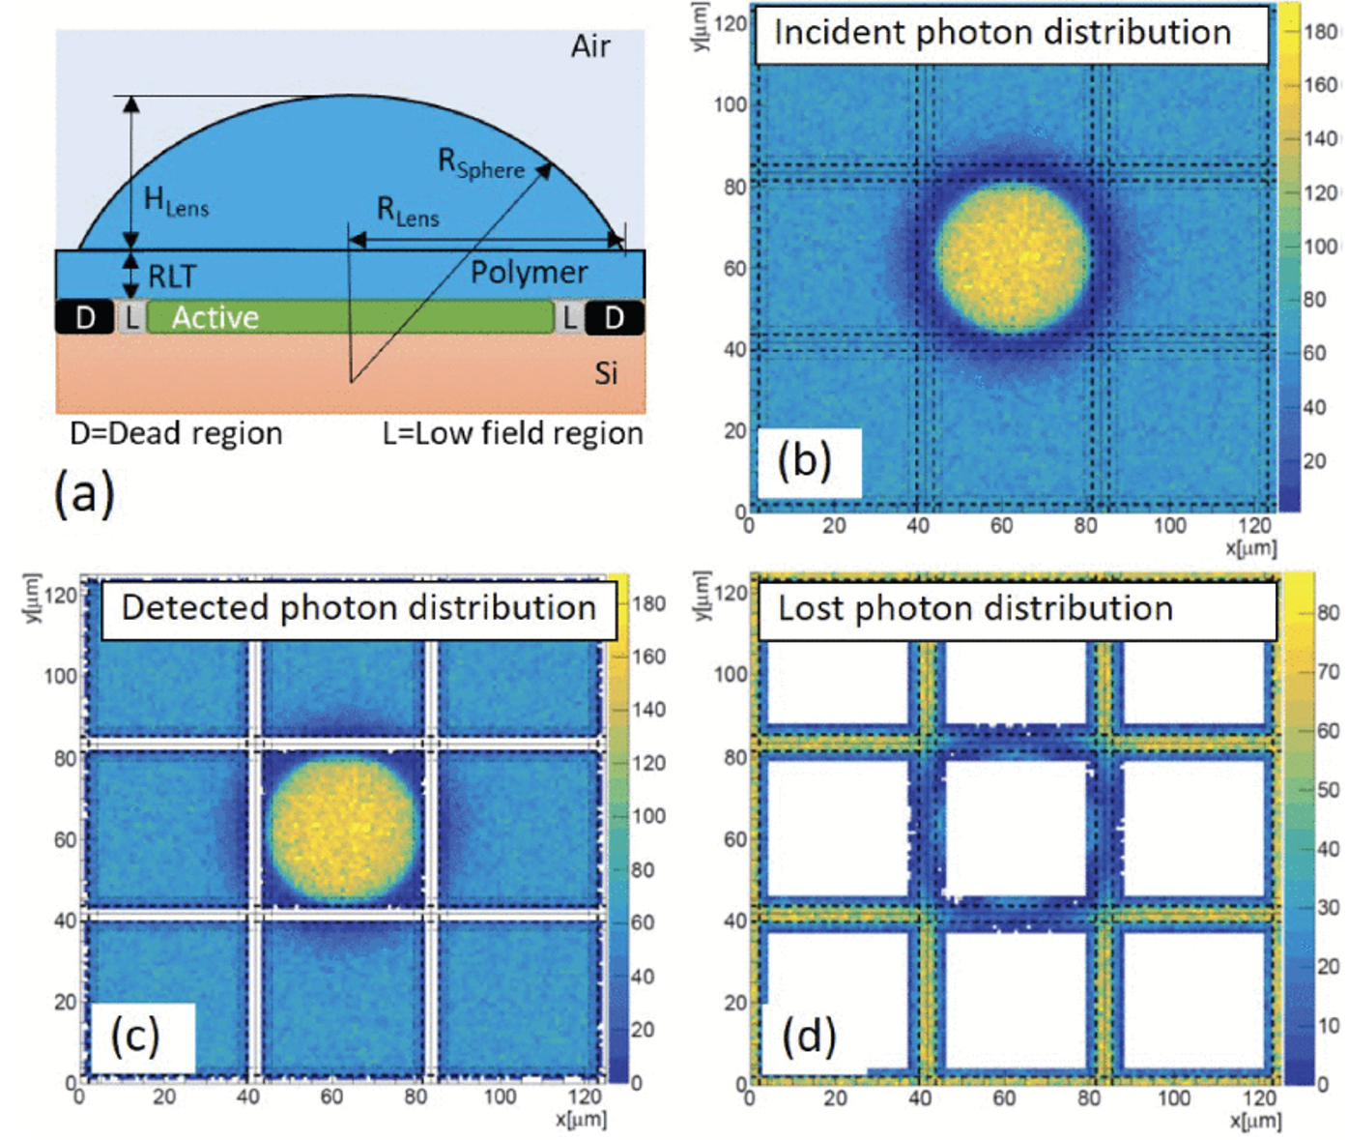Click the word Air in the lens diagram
tap(590, 46)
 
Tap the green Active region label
tap(215, 318)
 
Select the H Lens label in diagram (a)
tap(176, 202)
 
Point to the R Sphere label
tap(480, 163)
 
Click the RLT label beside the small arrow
tap(172, 278)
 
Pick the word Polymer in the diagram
tap(529, 274)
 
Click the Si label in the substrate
tap(606, 374)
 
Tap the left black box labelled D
tap(85, 317)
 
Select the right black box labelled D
tap(614, 317)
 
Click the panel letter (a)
tap(84, 493)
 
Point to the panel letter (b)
tap(805, 461)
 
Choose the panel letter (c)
tap(134, 1037)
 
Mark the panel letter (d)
tap(808, 1037)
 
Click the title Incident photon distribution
tap(1002, 33)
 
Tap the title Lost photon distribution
tap(975, 609)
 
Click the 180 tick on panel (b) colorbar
tap(1320, 32)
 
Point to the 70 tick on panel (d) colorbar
tap(1329, 671)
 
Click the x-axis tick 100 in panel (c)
tap(499, 1097)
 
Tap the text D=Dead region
tap(176, 434)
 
